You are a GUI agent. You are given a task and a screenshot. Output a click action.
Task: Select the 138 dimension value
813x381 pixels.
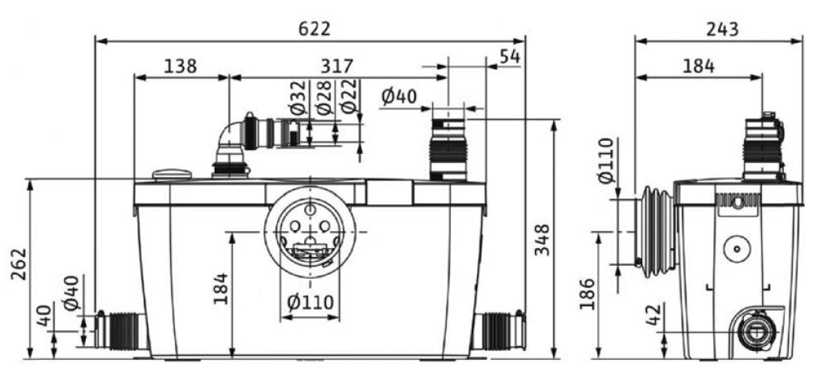180,66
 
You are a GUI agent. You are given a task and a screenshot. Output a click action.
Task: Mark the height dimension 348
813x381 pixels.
542,240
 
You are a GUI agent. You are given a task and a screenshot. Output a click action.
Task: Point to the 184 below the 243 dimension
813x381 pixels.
697,66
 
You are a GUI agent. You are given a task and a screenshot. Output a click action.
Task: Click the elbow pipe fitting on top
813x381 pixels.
230,140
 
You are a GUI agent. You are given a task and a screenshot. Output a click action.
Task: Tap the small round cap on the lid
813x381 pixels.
172,173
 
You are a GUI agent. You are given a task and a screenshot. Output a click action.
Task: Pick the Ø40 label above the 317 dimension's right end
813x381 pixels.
398,96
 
